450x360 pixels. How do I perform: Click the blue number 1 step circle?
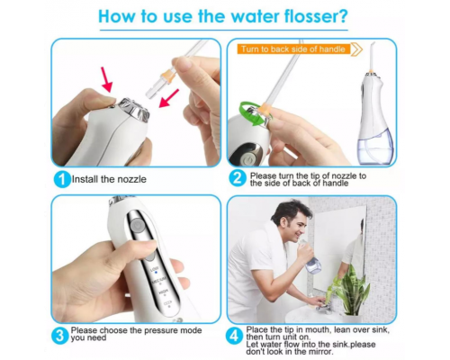click(x=62, y=179)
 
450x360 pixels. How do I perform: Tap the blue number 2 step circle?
click(x=238, y=178)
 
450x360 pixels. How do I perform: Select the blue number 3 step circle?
click(x=60, y=336)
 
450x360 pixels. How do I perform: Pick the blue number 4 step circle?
click(x=234, y=336)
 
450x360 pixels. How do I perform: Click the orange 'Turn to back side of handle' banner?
click(x=293, y=49)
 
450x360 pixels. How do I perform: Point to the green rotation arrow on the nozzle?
click(x=253, y=113)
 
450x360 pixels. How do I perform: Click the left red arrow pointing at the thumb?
click(x=106, y=79)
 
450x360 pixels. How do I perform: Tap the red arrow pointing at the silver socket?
click(x=168, y=98)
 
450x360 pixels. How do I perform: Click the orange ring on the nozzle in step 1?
click(x=168, y=76)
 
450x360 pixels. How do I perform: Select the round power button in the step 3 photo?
click(x=137, y=224)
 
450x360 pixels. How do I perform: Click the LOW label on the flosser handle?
click(x=155, y=269)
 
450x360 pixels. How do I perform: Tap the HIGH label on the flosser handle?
click(x=164, y=292)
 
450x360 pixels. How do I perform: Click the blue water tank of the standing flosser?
click(x=375, y=147)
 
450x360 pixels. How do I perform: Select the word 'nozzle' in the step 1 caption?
click(x=131, y=179)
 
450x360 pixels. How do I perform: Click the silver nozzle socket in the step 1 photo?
click(x=134, y=109)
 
